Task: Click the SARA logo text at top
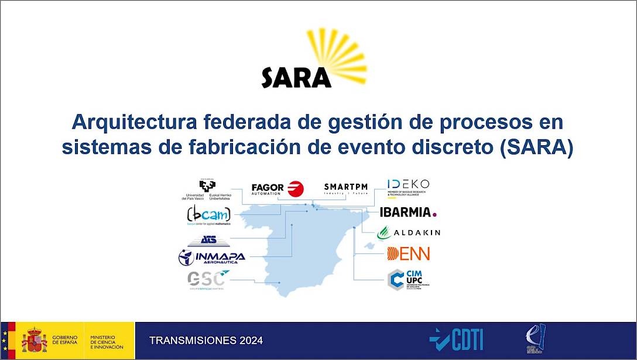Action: [x=296, y=77]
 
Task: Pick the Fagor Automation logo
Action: [x=278, y=188]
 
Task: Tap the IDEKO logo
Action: [x=408, y=188]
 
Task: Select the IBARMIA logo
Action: [x=408, y=212]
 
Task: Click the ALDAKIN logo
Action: [x=408, y=232]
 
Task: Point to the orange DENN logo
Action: [x=408, y=253]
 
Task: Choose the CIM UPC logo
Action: [x=409, y=279]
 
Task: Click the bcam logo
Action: [x=208, y=215]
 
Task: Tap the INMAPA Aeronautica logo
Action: [x=211, y=258]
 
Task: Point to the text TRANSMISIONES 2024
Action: [x=206, y=341]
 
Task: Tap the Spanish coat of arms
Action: [x=34, y=340]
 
